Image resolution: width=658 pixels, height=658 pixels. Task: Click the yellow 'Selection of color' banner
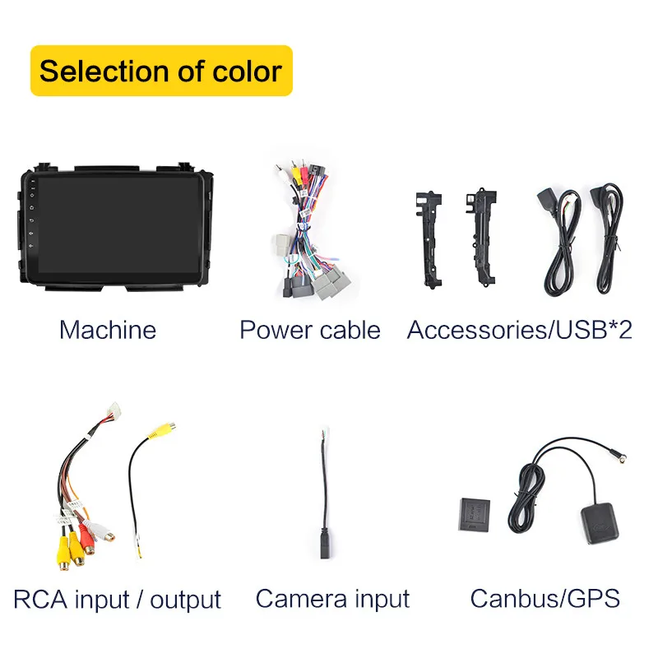click(161, 71)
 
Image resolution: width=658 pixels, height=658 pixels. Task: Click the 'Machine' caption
click(108, 330)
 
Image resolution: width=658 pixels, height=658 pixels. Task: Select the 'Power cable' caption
click(310, 330)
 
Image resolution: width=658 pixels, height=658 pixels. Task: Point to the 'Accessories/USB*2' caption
click(520, 330)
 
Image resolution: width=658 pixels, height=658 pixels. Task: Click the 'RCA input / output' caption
click(118, 599)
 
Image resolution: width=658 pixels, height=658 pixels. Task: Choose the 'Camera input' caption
click(332, 598)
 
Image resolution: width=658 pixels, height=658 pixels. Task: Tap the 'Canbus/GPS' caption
click(544, 598)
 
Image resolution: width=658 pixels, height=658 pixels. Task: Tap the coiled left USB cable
click(558, 247)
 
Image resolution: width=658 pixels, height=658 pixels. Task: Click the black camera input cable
click(325, 493)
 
